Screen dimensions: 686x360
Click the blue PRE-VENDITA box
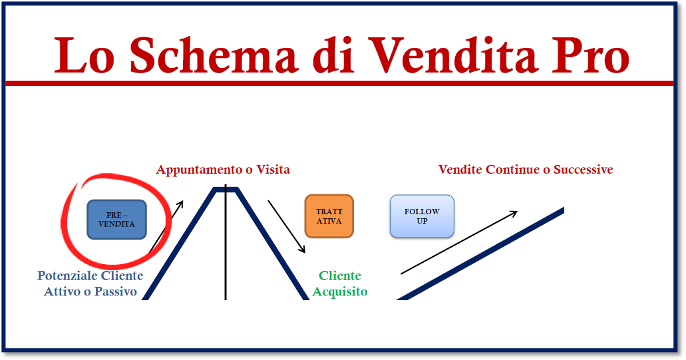point(117,220)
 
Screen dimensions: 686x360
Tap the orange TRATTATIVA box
point(329,216)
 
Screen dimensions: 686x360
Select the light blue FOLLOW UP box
point(422,216)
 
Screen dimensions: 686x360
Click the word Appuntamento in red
point(200,170)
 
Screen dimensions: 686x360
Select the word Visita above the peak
point(273,169)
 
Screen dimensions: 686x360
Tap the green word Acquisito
point(340,291)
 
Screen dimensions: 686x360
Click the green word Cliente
point(340,275)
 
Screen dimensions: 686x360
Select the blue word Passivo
point(116,291)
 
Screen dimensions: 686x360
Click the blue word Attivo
point(62,291)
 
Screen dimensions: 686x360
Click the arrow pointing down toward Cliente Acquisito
point(287,227)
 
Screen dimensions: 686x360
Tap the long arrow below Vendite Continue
point(459,242)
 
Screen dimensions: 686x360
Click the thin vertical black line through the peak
point(226,242)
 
